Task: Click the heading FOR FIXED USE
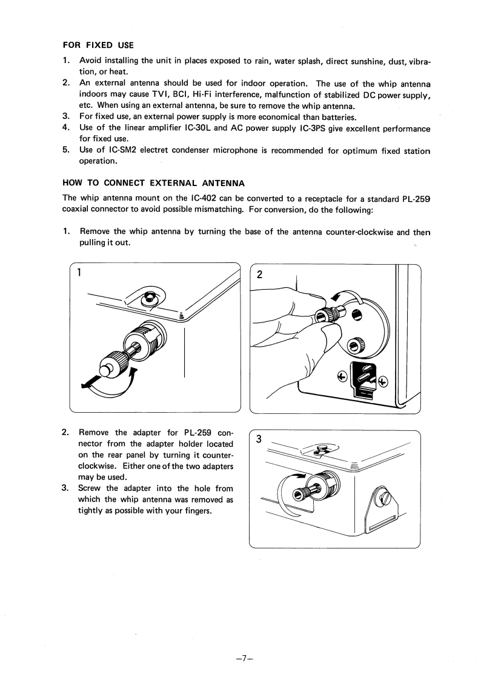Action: (x=98, y=45)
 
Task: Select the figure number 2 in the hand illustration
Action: (x=259, y=274)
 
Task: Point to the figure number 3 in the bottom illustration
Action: (x=259, y=440)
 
